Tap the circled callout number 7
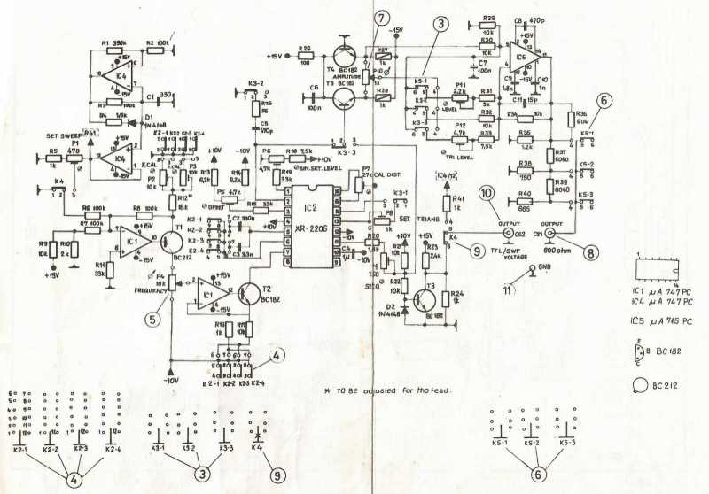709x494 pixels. (x=379, y=19)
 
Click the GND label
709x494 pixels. (x=545, y=265)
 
